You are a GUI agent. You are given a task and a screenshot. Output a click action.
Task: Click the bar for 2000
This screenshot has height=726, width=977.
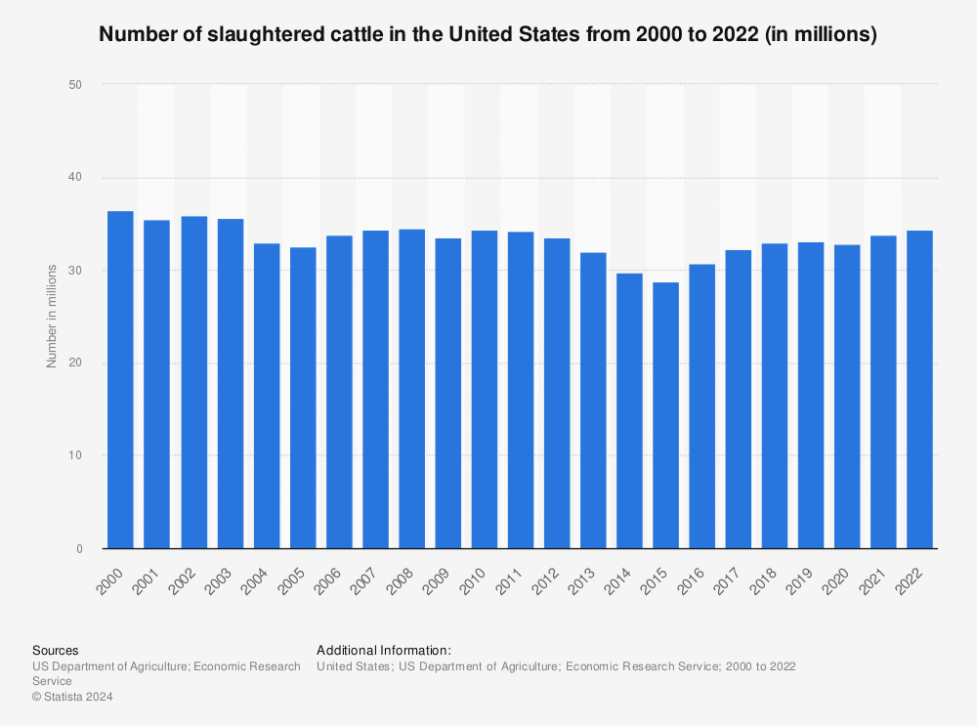tap(120, 380)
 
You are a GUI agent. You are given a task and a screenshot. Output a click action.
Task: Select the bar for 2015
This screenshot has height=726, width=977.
tap(665, 415)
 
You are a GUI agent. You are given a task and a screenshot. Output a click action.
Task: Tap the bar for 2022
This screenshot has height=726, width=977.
tap(919, 390)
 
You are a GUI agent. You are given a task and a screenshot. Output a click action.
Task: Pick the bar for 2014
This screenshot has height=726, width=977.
tap(629, 410)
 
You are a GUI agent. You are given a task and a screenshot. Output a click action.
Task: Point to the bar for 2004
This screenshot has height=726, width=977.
tap(266, 396)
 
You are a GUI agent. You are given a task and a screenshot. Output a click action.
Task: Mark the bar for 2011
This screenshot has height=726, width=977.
tap(520, 390)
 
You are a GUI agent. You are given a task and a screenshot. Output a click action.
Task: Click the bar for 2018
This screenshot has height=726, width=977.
tap(774, 396)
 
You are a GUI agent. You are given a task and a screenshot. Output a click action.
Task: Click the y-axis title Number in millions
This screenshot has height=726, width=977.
tap(51, 317)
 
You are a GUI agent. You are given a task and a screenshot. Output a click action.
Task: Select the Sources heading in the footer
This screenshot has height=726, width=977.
tap(56, 650)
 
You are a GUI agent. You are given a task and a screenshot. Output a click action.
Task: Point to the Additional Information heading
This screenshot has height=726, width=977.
tap(383, 650)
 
